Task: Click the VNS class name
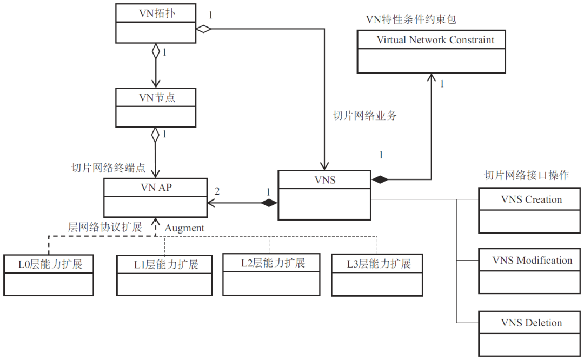point(324,180)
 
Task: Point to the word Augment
point(184,228)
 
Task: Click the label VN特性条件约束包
point(411,20)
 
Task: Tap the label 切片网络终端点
point(108,168)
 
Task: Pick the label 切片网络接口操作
point(526,175)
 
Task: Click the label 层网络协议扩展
point(105,227)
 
